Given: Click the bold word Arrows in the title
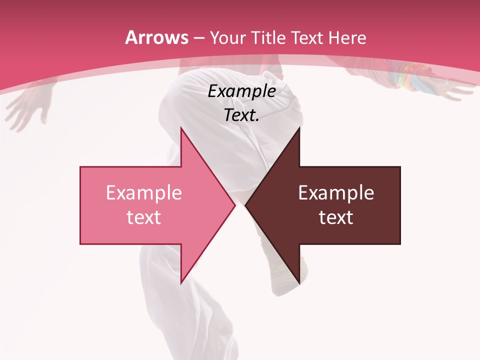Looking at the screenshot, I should pos(156,37).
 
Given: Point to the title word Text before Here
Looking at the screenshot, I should pos(307,37).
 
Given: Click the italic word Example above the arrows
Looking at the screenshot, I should pos(242,91).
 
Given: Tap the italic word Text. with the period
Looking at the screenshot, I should pos(242,115).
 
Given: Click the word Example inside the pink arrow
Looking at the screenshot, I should pos(144,193).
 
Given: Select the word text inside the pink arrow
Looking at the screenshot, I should pos(144,217).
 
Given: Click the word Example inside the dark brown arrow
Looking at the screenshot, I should pos(336,193).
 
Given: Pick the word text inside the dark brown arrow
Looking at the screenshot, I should pos(336,217).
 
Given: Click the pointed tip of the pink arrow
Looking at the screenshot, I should pos(234,205).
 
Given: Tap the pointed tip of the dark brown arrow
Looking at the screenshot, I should pos(246,205).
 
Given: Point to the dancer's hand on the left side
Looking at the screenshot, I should pos(27,107).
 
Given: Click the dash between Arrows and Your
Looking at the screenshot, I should pos(198,38).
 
